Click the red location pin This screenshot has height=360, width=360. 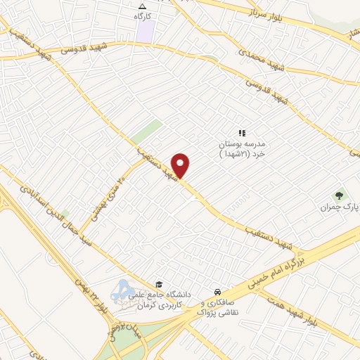point(181,165)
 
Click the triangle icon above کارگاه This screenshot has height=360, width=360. point(143,5)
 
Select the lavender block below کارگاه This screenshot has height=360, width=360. point(146,31)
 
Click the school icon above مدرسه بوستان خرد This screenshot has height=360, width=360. point(241,132)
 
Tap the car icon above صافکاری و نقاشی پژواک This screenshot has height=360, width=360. point(217,291)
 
